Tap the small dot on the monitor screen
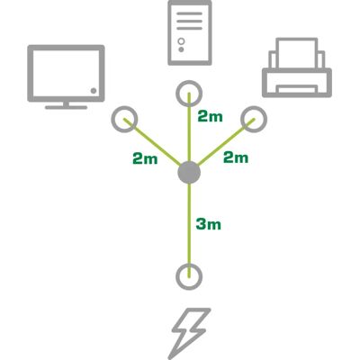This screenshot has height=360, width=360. point(94,91)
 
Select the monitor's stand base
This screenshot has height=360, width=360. point(66,107)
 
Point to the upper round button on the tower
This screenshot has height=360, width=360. point(181,40)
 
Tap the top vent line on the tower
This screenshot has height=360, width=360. point(189,13)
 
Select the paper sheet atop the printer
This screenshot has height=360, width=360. point(297,53)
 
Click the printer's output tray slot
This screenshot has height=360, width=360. point(297,89)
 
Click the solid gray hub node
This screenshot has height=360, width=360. point(189,173)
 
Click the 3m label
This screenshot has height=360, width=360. point(209,224)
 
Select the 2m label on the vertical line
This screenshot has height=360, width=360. point(210,116)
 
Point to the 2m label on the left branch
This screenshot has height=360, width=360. point(145,158)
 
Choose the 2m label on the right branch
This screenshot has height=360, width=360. point(236,157)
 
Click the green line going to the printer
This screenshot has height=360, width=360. point(227,142)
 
